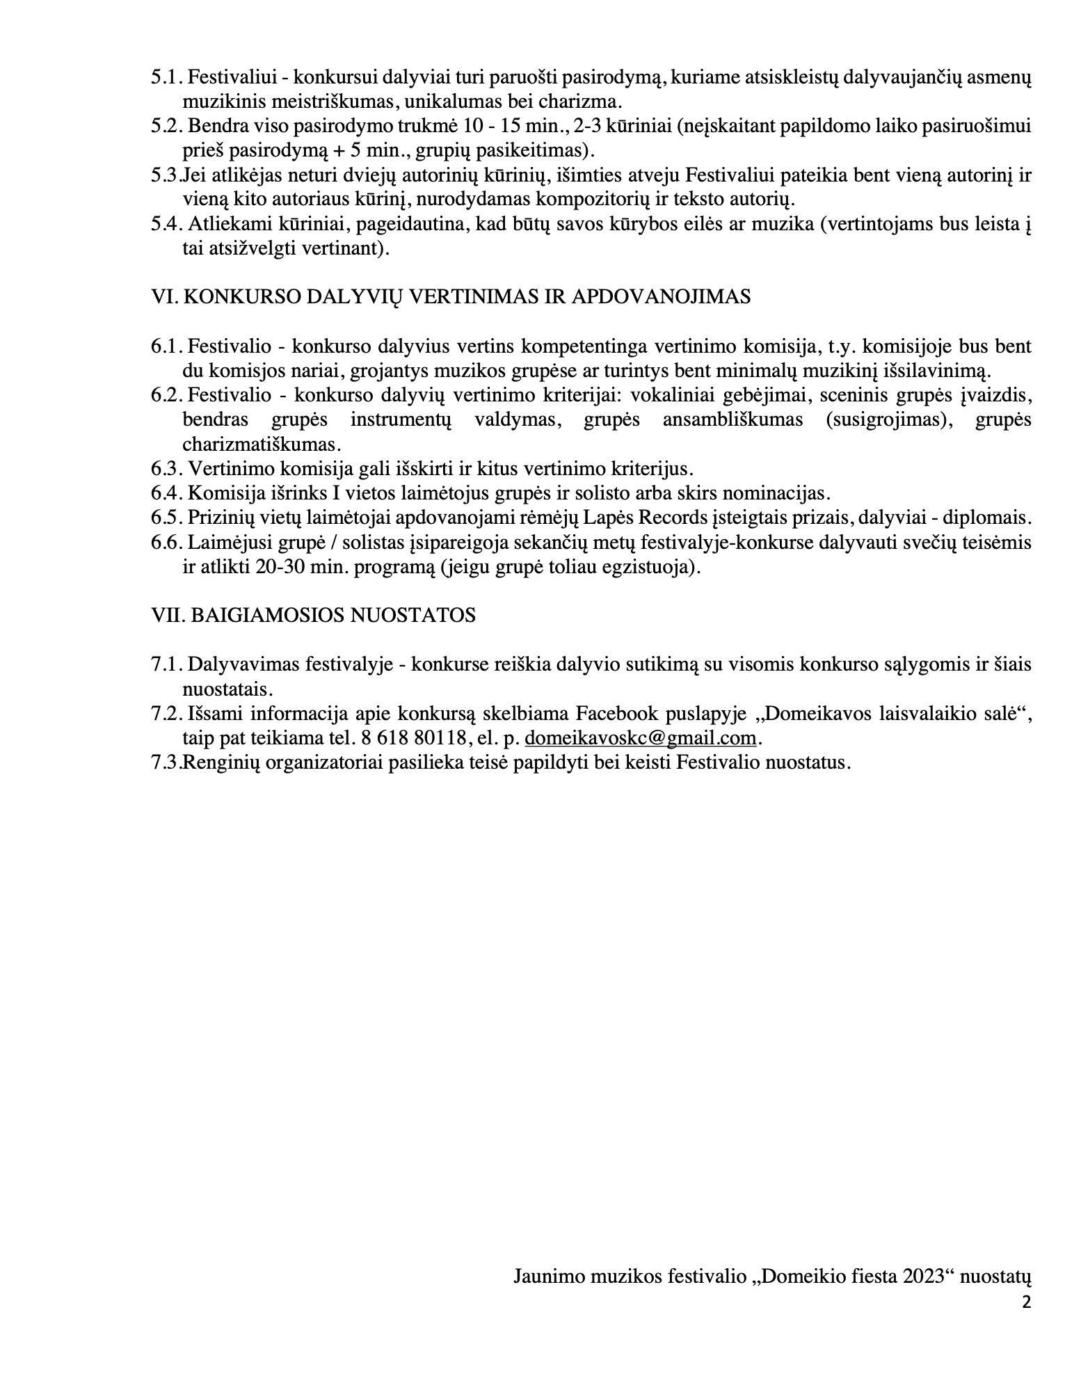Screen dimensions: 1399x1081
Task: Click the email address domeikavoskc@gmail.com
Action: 639,738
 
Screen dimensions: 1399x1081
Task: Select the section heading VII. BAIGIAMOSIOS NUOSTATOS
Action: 313,616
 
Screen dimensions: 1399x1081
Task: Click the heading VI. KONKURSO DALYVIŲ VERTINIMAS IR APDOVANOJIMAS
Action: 451,297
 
